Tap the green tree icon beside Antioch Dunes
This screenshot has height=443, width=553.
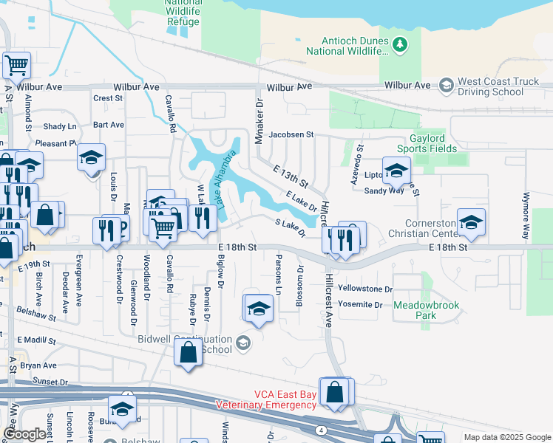pyautogui.click(x=400, y=46)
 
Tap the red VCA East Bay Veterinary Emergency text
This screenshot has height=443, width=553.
pyautogui.click(x=265, y=400)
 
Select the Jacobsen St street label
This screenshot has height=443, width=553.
pyautogui.click(x=291, y=135)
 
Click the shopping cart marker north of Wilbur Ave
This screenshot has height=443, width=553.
pyautogui.click(x=16, y=65)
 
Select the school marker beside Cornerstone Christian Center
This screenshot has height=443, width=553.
pyautogui.click(x=470, y=222)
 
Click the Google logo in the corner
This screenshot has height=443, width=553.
pyautogui.click(x=24, y=434)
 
